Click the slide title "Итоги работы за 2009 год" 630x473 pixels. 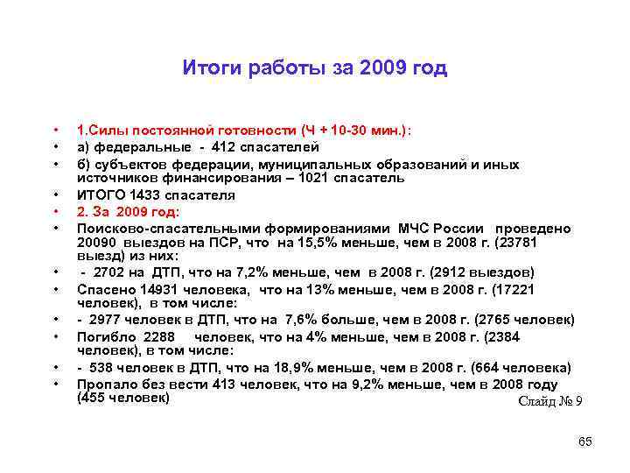(315, 68)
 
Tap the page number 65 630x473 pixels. (585, 441)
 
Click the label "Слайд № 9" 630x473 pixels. (550, 401)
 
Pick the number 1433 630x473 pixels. (141, 194)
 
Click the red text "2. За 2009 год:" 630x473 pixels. (128, 211)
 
